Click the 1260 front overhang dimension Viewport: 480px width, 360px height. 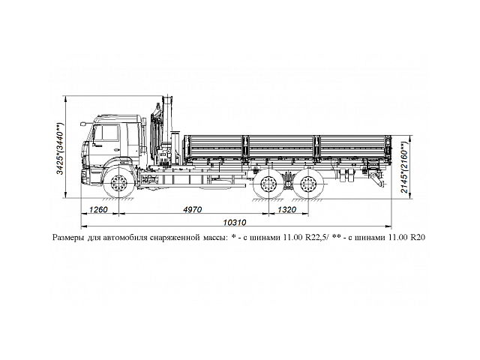(x=99, y=210)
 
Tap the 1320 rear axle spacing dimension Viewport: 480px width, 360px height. (x=286, y=210)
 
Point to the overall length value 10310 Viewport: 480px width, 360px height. (x=237, y=222)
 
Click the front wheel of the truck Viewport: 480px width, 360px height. (x=117, y=184)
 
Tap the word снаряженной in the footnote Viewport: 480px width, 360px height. (x=180, y=237)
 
